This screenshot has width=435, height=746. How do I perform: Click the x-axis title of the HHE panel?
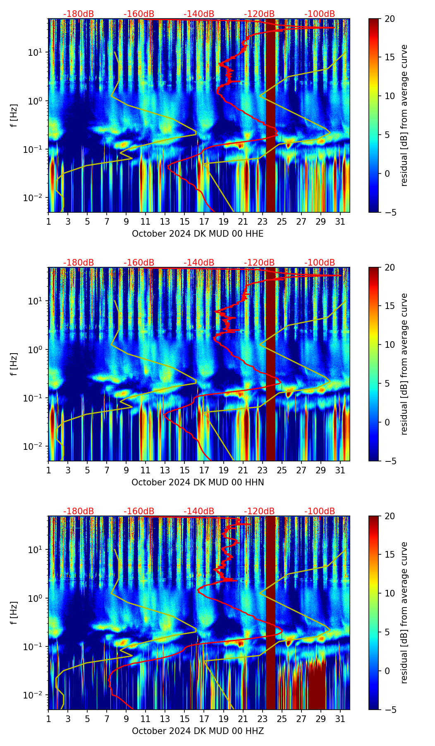[198, 234]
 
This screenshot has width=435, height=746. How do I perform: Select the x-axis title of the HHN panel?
[198, 482]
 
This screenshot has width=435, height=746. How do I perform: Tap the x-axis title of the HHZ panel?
[198, 731]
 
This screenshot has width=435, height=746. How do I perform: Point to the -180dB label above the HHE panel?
[79, 14]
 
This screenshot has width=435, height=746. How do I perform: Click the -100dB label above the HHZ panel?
[320, 511]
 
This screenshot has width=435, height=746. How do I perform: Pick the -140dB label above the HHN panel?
[199, 263]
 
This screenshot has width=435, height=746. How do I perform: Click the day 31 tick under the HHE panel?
[340, 221]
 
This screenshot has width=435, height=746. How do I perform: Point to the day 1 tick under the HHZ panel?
[49, 719]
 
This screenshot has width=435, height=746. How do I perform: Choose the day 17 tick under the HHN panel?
[204, 470]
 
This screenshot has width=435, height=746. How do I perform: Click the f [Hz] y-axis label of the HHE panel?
[14, 115]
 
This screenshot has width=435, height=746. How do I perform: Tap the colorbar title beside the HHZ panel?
[404, 613]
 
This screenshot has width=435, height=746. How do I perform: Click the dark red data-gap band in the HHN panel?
[270, 363]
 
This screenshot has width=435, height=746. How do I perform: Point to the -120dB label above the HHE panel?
[259, 14]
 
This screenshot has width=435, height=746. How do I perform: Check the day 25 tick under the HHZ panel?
[282, 719]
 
